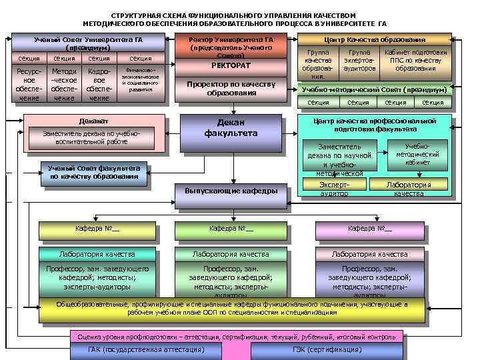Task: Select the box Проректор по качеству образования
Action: (241, 88)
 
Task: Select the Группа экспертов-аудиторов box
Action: (359, 60)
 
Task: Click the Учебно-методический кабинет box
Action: (417, 154)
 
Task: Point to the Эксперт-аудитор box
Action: (334, 189)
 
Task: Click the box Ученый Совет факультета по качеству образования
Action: (93, 173)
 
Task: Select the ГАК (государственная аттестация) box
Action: (146, 350)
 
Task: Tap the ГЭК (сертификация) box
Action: (326, 350)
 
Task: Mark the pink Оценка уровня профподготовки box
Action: (237, 337)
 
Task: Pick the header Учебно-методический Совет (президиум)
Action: (373, 89)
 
